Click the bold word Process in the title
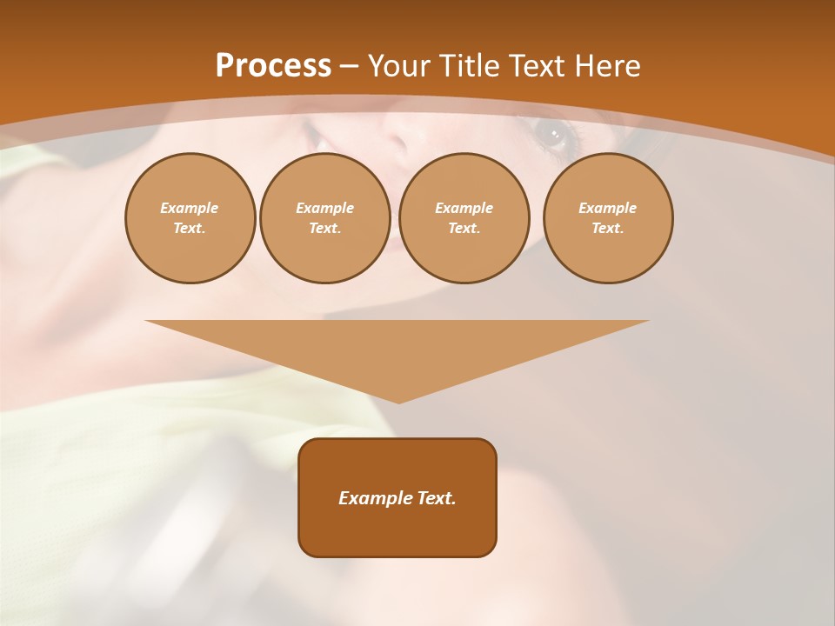(x=273, y=66)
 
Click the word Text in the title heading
(x=537, y=66)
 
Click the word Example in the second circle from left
(x=324, y=208)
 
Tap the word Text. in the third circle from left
(x=464, y=229)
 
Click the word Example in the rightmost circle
(x=607, y=208)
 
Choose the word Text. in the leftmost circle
(x=190, y=229)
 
